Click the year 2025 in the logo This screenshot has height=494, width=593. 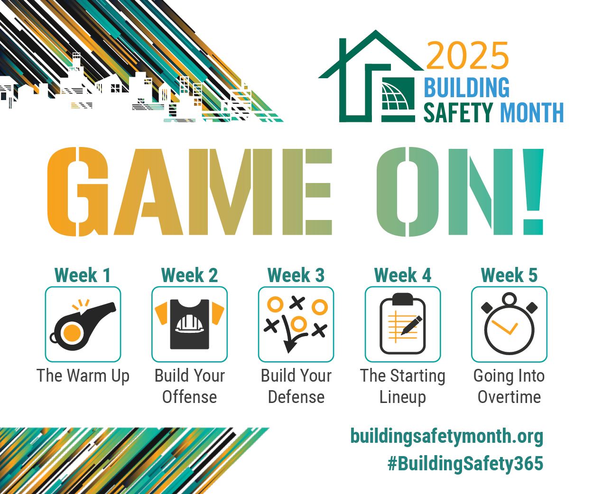pyautogui.click(x=467, y=56)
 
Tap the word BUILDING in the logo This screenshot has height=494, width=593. pyautogui.click(x=466, y=88)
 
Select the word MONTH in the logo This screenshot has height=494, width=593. pyautogui.click(x=531, y=113)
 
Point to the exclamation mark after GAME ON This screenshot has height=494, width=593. pyautogui.click(x=533, y=192)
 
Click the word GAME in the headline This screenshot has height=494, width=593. pyautogui.click(x=190, y=192)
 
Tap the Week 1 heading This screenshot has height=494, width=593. pyautogui.click(x=83, y=275)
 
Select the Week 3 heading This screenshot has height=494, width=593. pyautogui.click(x=296, y=275)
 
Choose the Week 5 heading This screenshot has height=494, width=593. pyautogui.click(x=509, y=275)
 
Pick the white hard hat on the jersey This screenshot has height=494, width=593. pyautogui.click(x=189, y=323)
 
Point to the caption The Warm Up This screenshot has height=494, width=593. pyautogui.click(x=83, y=375)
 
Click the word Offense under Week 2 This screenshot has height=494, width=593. pyautogui.click(x=189, y=397)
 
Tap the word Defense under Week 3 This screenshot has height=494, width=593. pyautogui.click(x=296, y=397)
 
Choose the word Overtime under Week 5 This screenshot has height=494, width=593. pyautogui.click(x=509, y=397)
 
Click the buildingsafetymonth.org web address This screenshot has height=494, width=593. pyautogui.click(x=446, y=436)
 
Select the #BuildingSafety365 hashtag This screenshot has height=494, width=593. pyautogui.click(x=465, y=463)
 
